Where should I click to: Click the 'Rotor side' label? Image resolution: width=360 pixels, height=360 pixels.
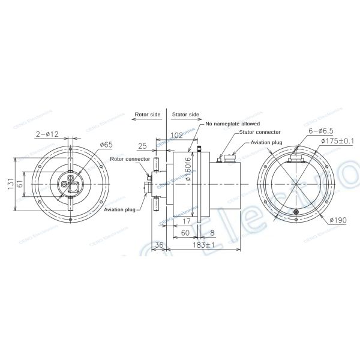coord(146,114)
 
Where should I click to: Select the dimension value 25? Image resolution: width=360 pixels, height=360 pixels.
coord(143,146)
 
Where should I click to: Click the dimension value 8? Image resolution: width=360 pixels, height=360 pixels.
coord(212,233)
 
